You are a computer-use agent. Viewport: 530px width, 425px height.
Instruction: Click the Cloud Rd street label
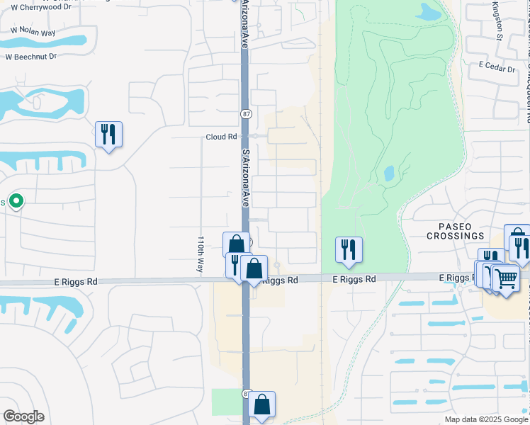pyautogui.click(x=221, y=137)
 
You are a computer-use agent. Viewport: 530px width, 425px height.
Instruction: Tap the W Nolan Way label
pyautogui.click(x=33, y=31)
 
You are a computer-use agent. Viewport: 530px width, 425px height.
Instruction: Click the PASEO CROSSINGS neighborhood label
pyautogui.click(x=456, y=231)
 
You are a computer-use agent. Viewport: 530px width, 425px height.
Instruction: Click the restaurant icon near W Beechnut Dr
pyautogui.click(x=108, y=134)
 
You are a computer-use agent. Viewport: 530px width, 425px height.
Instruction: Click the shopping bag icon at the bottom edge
pyautogui.click(x=261, y=404)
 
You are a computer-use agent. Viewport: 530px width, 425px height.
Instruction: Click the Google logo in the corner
pyautogui.click(x=23, y=416)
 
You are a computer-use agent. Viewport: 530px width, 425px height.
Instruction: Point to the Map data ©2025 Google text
pyautogui.click(x=486, y=419)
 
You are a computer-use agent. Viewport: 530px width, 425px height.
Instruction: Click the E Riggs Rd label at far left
pyautogui.click(x=75, y=281)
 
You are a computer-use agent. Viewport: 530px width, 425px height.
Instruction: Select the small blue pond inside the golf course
pyautogui.click(x=389, y=173)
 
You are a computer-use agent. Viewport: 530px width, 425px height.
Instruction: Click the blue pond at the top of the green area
pyautogui.click(x=429, y=11)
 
